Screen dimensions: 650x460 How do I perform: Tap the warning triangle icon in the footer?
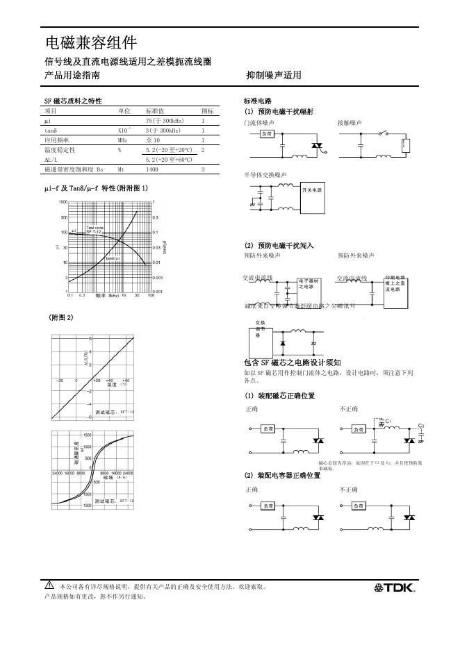[49, 585]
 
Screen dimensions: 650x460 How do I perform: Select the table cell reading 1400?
[152, 169]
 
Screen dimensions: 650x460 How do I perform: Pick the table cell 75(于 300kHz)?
[165, 121]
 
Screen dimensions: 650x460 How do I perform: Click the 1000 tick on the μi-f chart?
[63, 201]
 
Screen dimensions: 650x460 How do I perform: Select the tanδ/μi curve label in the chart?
[113, 259]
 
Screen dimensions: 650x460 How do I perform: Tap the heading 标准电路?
[258, 101]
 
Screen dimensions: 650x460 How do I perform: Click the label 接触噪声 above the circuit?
[350, 122]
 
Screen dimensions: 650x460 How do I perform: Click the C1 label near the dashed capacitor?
[388, 421]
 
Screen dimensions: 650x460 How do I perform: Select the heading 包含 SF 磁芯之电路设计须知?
[292, 362]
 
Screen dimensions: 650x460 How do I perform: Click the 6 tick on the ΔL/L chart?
[90, 338]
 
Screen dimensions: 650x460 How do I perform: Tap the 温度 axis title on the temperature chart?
[111, 385]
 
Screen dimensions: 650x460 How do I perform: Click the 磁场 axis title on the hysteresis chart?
[107, 477]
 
